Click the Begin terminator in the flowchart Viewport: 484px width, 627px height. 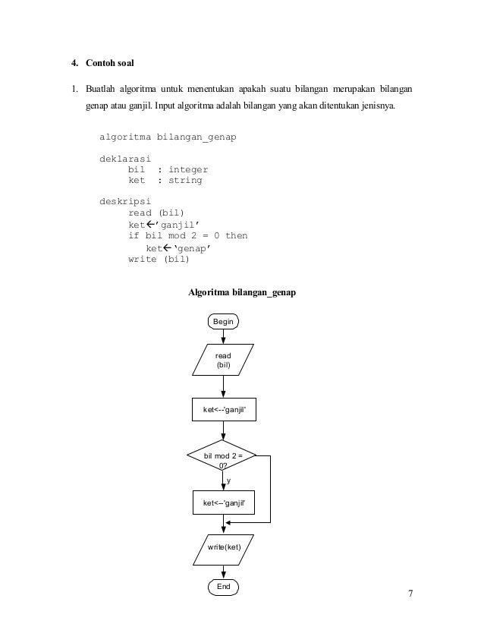click(x=223, y=322)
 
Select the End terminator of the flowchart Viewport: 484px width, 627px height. click(x=223, y=587)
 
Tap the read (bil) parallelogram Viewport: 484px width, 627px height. click(x=223, y=360)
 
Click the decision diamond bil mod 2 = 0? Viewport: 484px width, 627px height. click(x=222, y=460)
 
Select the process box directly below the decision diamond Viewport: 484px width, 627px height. click(x=222, y=503)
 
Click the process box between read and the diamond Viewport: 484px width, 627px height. click(x=224, y=411)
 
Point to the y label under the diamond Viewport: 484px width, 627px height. click(x=229, y=481)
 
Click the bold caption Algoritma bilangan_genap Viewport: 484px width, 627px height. click(x=242, y=292)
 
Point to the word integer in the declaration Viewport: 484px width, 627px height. click(x=188, y=170)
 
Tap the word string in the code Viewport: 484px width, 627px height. click(x=185, y=181)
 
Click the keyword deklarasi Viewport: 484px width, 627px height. click(x=125, y=159)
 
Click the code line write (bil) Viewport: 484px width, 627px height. click(x=159, y=258)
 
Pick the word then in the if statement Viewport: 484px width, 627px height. click(x=235, y=236)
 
